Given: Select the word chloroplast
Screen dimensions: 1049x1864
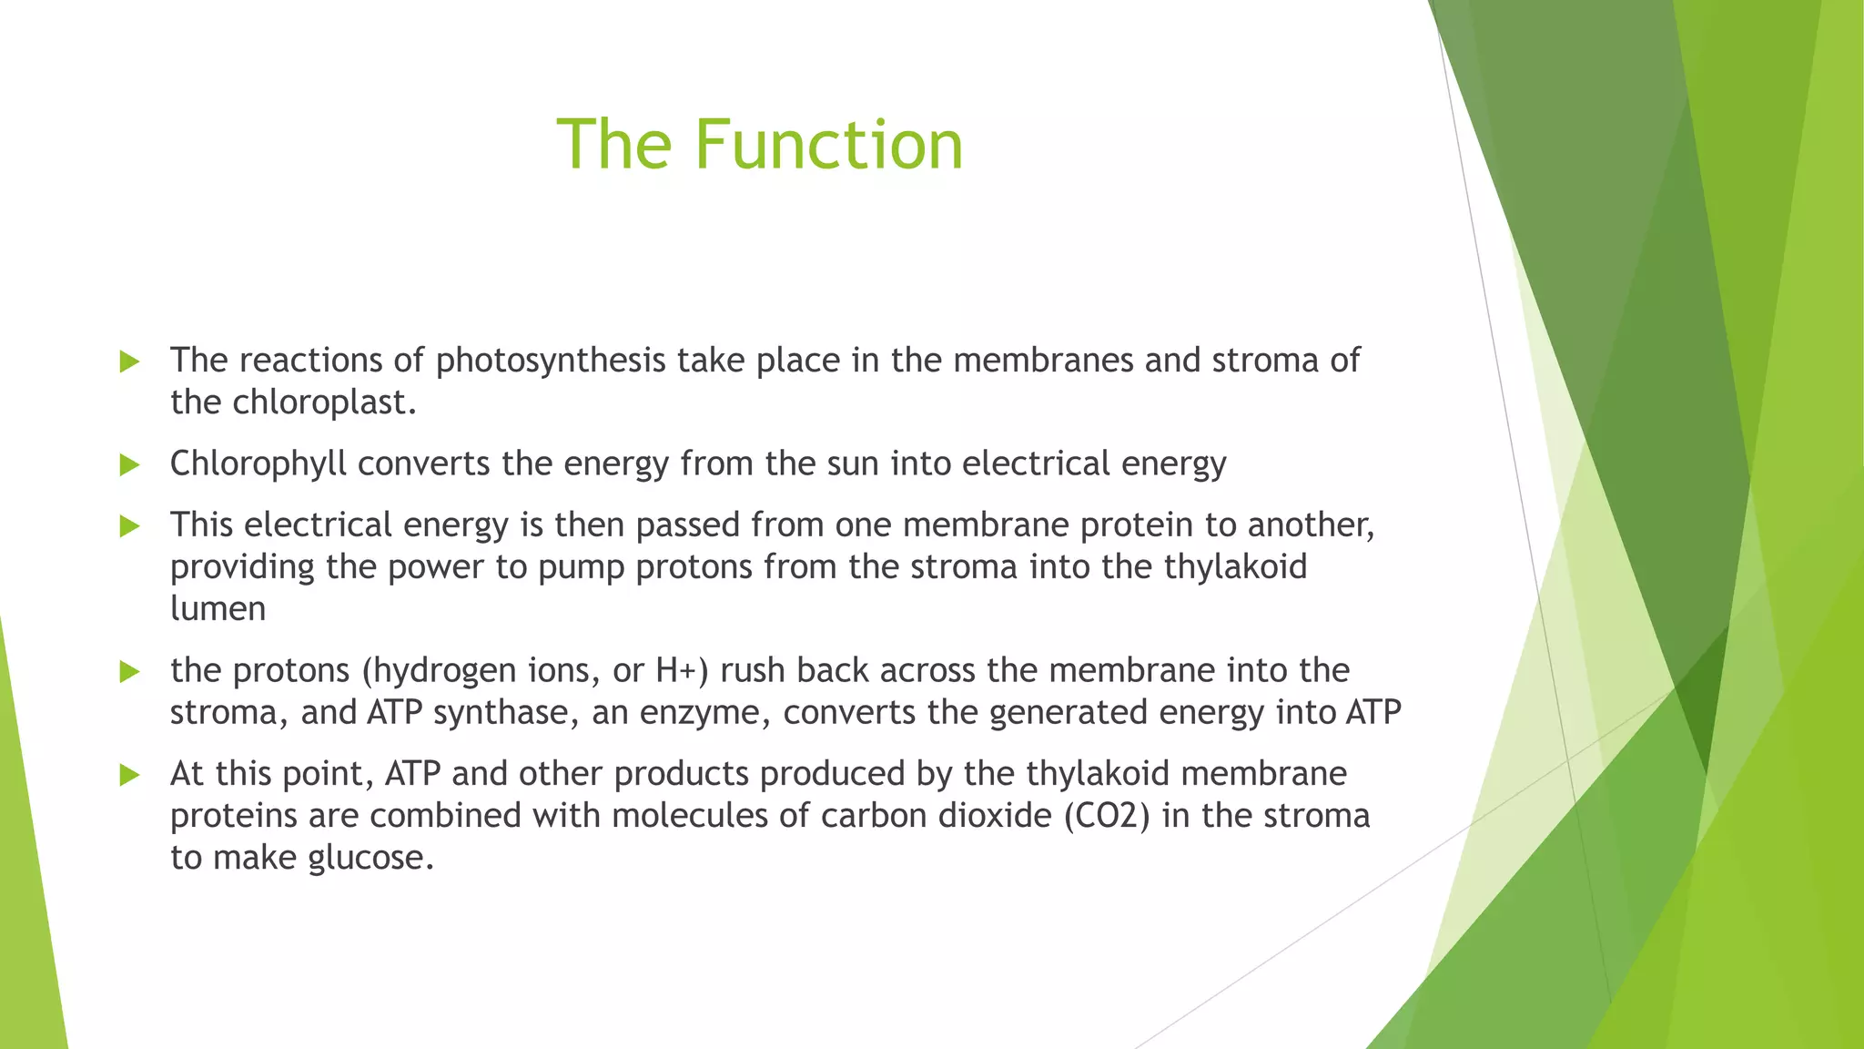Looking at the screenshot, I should pyautogui.click(x=324, y=402).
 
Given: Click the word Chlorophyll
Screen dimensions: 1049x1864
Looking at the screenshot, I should pyautogui.click(x=258, y=464).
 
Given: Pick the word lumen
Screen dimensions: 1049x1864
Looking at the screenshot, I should pyautogui.click(x=218, y=608).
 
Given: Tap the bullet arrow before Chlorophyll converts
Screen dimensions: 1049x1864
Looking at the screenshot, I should pyautogui.click(x=129, y=465).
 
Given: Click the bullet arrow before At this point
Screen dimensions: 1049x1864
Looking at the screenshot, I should pyautogui.click(x=129, y=775).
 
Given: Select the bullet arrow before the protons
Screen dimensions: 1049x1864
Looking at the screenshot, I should pyautogui.click(x=129, y=672).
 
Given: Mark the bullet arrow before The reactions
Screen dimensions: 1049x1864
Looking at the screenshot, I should pyautogui.click(x=129, y=362).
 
